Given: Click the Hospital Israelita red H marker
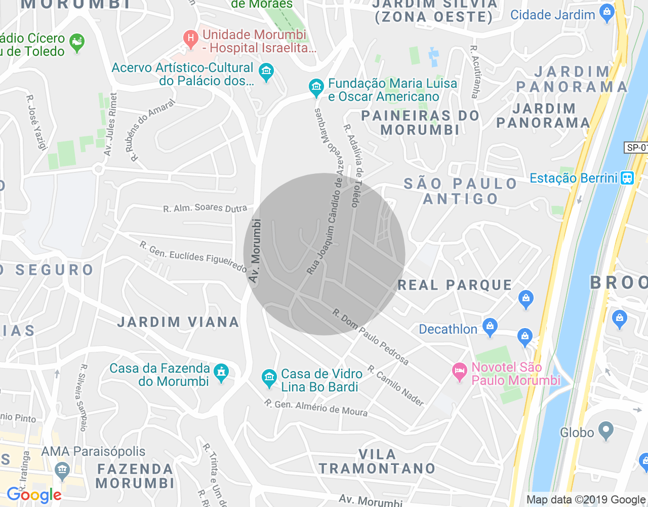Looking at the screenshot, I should click(x=191, y=39).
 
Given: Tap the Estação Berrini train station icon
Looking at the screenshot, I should click(x=627, y=178).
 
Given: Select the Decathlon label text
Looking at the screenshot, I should click(x=448, y=330).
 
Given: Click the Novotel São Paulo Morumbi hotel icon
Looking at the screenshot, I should click(x=459, y=372).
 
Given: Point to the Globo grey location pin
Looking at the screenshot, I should click(x=605, y=431).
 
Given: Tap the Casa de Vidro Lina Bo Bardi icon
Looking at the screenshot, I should click(x=269, y=377).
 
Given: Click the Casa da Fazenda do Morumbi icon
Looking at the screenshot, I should click(x=221, y=373).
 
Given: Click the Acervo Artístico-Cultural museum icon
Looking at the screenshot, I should click(x=266, y=71).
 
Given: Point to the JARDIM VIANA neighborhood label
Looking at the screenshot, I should click(x=178, y=322).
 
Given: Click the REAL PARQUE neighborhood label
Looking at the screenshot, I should click(x=455, y=285).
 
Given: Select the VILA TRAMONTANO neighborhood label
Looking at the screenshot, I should click(x=377, y=461).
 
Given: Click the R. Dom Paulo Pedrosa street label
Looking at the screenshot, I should click(x=370, y=337).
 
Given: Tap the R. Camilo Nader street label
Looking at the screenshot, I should click(x=396, y=386).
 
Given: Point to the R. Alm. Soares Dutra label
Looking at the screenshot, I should click(x=205, y=208).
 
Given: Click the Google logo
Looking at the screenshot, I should click(x=34, y=495).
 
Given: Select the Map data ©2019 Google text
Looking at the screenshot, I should click(x=586, y=500).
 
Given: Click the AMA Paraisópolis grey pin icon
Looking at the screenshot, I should click(x=62, y=470).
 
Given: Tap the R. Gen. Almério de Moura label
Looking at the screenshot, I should click(x=316, y=408).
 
